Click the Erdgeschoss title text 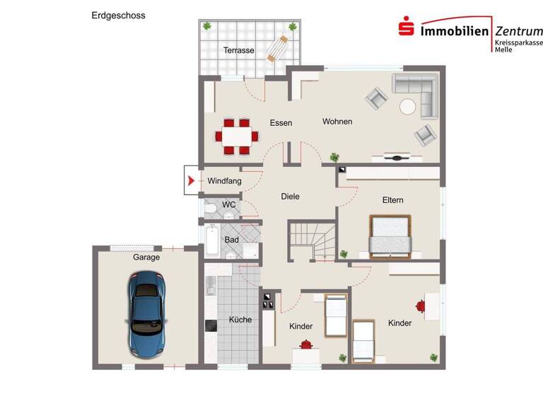click(118, 15)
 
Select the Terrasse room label click(238, 50)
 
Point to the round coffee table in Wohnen click(408, 106)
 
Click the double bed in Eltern click(390, 235)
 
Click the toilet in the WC click(211, 207)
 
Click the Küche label click(240, 320)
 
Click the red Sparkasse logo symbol click(406, 30)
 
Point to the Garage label click(146, 257)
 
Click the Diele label click(290, 197)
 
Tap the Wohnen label click(337, 122)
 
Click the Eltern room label click(392, 200)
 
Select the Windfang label click(224, 181)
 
